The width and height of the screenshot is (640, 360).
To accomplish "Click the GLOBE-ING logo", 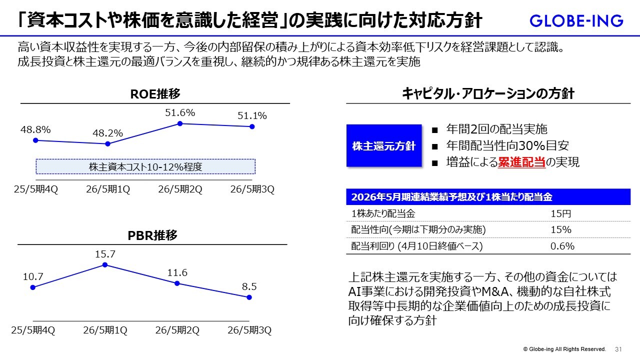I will click(576, 21).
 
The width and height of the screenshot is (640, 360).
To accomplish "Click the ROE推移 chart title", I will click(155, 93).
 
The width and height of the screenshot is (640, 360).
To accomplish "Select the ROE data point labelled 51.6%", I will click(179, 123).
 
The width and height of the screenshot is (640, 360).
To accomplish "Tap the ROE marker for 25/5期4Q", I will click(35, 140).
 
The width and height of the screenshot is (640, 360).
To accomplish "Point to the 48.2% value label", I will click(107, 133).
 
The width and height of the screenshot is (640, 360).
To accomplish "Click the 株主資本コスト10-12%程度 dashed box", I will click(145, 166).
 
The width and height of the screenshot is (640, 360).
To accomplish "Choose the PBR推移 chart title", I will click(152, 235).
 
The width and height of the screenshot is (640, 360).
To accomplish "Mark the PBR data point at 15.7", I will click(105, 264).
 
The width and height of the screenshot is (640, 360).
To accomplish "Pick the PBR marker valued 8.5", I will click(249, 297).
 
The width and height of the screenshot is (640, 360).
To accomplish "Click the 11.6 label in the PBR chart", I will click(177, 272).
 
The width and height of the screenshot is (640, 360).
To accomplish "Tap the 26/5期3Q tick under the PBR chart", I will click(249, 330).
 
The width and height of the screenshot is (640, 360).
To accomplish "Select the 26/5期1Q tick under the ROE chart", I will click(107, 189).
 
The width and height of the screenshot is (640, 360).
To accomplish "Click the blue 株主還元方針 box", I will click(384, 146).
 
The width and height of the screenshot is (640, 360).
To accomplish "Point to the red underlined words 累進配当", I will click(521, 162).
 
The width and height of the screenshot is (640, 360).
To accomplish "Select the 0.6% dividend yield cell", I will click(562, 245).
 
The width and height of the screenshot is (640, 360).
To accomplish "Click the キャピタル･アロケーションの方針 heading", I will click(488, 93).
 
